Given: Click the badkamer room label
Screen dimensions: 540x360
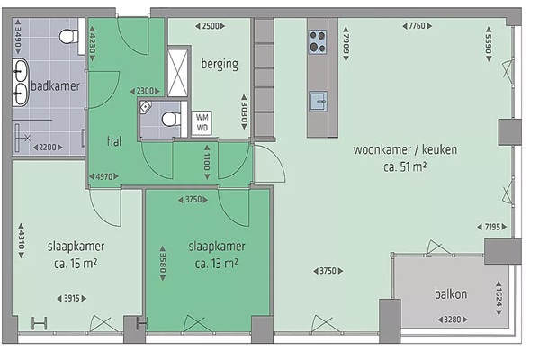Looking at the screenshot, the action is click(x=56, y=86).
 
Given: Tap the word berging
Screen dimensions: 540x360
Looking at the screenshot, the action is click(x=220, y=64).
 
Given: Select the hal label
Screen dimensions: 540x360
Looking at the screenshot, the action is click(x=114, y=141).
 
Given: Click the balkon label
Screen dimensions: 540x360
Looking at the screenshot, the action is click(x=451, y=294).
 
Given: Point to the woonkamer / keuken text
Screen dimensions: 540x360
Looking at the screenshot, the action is click(x=405, y=150).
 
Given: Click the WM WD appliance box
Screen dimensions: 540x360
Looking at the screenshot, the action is click(x=202, y=122).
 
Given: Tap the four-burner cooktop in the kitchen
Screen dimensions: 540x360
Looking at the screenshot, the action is click(x=317, y=42).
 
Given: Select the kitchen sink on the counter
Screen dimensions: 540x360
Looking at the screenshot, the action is click(x=318, y=102).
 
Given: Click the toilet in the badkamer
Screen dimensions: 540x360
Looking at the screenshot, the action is click(x=69, y=36).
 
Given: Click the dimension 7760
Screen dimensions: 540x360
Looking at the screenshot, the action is click(x=417, y=26).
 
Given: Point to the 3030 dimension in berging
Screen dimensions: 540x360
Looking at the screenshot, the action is click(x=244, y=112).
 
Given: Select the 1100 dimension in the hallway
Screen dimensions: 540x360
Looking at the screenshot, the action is click(x=207, y=162).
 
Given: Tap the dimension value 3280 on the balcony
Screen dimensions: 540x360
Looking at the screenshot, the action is click(x=453, y=319).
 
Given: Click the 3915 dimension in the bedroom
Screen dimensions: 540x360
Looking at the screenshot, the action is click(x=72, y=298).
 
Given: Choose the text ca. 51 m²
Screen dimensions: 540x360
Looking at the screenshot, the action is click(x=405, y=167).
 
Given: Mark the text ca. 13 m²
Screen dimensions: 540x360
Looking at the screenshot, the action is click(x=217, y=264).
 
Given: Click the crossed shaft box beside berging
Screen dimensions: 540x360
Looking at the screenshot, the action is click(x=177, y=73).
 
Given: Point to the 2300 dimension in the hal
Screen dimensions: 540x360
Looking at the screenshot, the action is click(x=145, y=91).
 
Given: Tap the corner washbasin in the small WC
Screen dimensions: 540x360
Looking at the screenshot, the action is click(x=145, y=107).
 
